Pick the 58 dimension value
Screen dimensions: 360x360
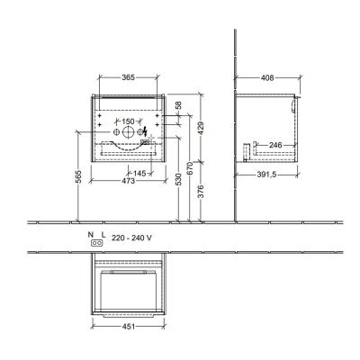coord(178,106)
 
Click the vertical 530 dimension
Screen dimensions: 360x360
coord(178,183)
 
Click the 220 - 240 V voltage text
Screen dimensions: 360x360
coord(127,240)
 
